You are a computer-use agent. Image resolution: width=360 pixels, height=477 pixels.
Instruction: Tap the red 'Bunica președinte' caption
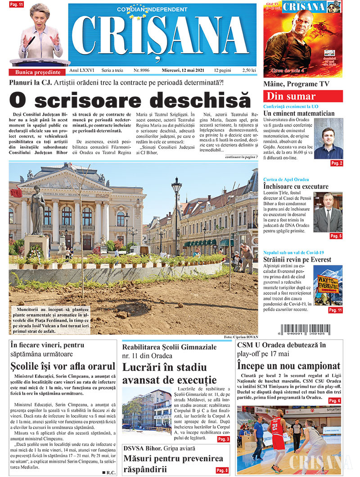click(38, 72)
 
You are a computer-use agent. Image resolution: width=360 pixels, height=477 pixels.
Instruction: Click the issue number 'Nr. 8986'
click(142, 71)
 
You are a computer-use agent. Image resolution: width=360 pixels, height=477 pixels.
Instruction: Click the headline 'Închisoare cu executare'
click(296, 186)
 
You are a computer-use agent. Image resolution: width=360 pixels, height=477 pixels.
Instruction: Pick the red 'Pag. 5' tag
click(336, 236)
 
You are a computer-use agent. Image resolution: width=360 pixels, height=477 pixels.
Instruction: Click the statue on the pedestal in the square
click(37, 211)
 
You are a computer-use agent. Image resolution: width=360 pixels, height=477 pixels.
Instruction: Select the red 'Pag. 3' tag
click(224, 439)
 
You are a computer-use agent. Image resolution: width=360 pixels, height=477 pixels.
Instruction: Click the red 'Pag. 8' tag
click(222, 470)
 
